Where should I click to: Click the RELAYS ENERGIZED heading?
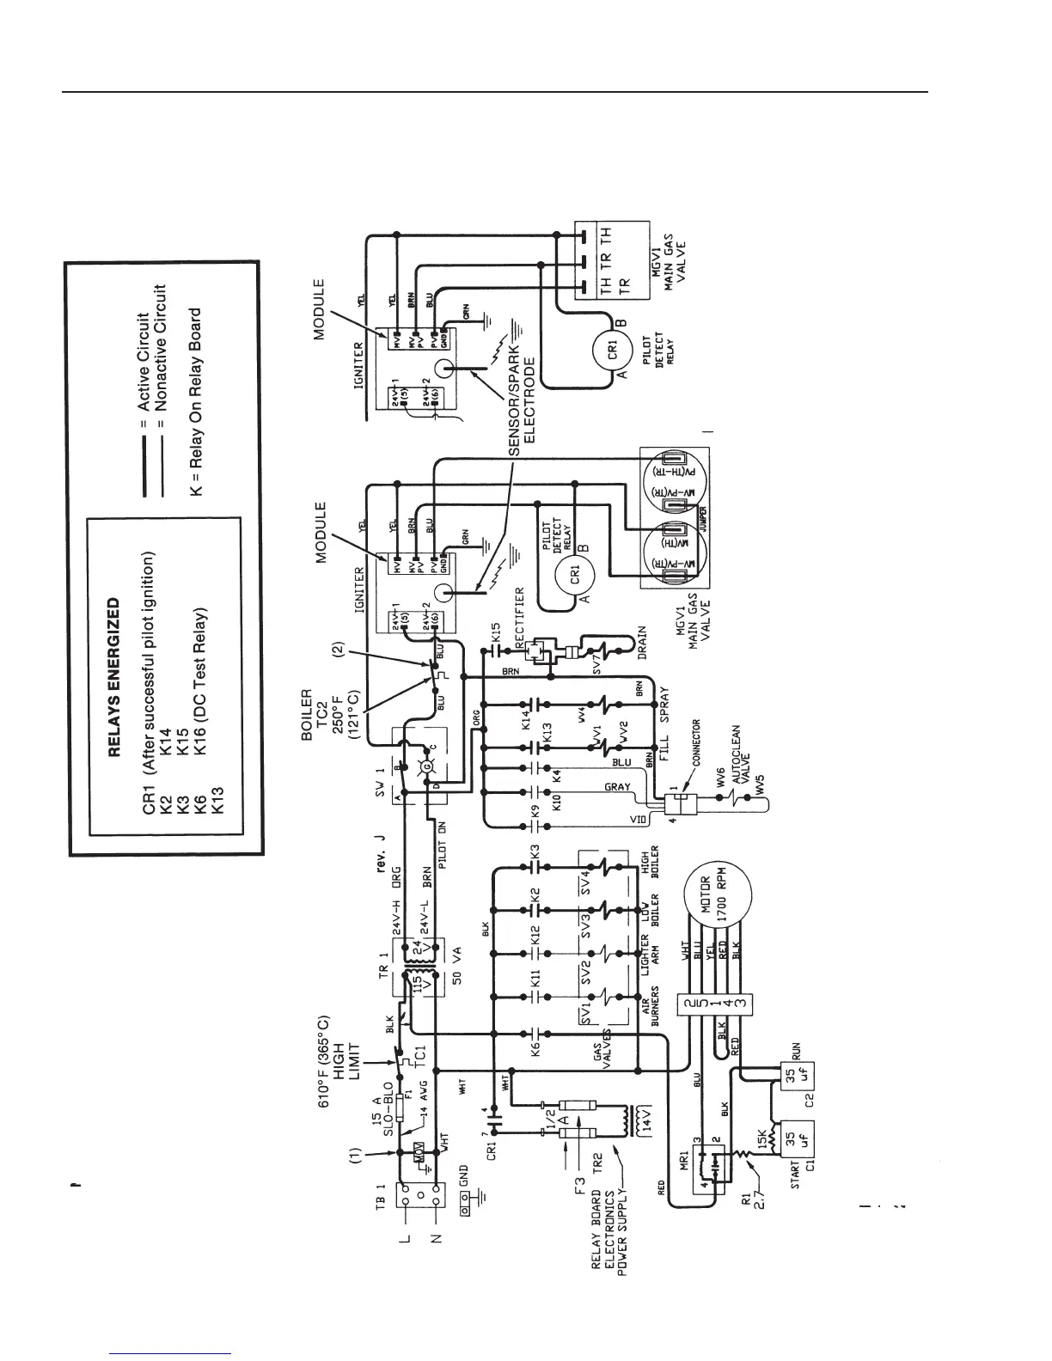point(112,678)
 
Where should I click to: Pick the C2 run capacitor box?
point(796,1084)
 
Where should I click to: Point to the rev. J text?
point(380,847)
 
